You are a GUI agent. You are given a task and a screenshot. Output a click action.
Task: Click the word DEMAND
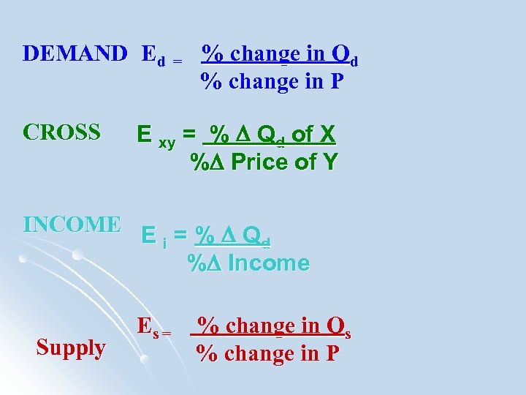click(x=75, y=53)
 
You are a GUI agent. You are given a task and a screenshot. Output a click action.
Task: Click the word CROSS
click(x=61, y=132)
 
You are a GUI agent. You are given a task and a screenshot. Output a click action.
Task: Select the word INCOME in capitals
click(x=72, y=224)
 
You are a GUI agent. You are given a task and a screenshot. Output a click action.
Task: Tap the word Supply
click(x=71, y=347)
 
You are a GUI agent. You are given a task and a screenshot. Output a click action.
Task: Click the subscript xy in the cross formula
click(x=167, y=143)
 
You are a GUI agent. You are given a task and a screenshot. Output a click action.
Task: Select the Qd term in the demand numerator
click(x=344, y=55)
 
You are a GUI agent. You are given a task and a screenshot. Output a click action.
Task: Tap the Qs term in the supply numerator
click(x=339, y=327)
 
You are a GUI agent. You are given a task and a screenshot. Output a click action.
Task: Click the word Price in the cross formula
click(x=259, y=162)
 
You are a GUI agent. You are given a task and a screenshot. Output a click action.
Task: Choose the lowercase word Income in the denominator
click(x=269, y=263)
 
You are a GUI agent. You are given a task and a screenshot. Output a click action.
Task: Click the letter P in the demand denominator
click(x=335, y=81)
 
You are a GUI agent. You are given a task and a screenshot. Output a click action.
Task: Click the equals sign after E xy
click(x=189, y=135)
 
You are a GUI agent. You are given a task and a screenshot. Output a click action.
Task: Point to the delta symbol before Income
click(x=216, y=263)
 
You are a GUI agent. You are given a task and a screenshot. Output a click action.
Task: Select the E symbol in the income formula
click(x=148, y=236)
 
